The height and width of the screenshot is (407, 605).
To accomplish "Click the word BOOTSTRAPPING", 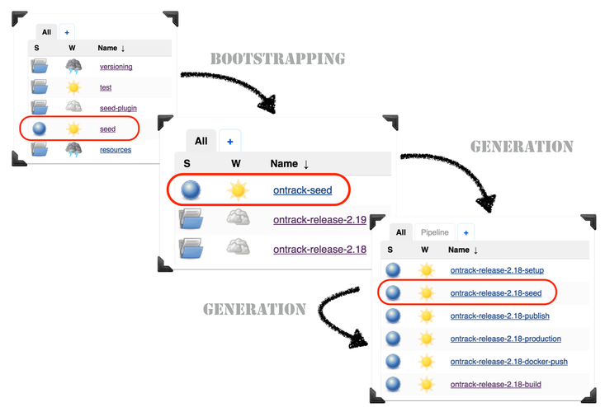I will coord(277,59).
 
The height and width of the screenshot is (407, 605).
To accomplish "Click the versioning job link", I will coord(116,67).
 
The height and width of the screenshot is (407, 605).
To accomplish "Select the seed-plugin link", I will coord(118,108).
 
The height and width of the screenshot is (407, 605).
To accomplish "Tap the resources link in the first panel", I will coord(116,150).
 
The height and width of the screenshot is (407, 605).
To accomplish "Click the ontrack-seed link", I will coord(302,190).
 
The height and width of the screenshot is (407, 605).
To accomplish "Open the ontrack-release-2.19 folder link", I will coord(320,219).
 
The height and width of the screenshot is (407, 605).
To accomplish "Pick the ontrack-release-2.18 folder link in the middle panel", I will coord(320,248).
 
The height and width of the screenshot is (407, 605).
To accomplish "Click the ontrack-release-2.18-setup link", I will coord(497,270).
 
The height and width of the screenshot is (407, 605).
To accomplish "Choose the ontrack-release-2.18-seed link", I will coord(496,292).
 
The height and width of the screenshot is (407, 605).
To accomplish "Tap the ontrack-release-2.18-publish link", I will coord(499,316).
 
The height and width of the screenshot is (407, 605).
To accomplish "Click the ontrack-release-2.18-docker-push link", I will coord(509,361).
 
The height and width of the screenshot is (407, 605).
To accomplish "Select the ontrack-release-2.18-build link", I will coord(495,384).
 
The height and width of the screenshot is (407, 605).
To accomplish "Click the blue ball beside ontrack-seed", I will coord(191,190).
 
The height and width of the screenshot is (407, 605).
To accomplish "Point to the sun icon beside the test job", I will coord(74,87).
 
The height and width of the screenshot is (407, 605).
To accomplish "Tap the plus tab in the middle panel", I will coord(230,142).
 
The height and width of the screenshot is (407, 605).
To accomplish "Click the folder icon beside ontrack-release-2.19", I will coord(191,219).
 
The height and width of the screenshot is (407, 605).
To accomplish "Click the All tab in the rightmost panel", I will coord(400,232).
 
